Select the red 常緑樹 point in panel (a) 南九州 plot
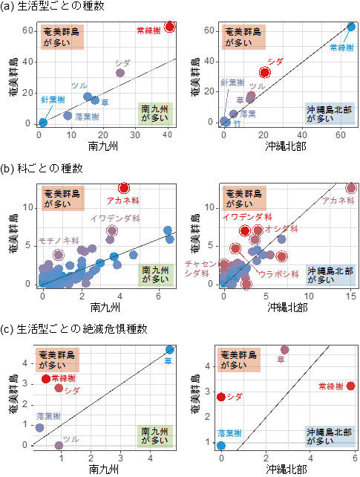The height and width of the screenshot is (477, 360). coord(170,26)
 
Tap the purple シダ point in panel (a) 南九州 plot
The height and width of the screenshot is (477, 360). coord(120,73)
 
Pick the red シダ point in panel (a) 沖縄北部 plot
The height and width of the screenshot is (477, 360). coord(265,72)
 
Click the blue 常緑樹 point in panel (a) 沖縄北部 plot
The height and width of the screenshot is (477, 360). coord(351,27)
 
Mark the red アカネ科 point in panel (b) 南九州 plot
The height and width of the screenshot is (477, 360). coord(124,188)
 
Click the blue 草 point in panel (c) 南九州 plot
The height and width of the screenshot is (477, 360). coord(170,349)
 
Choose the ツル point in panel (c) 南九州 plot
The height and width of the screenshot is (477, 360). coord(59,445)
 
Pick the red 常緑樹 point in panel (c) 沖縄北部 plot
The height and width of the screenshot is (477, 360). coord(351,386)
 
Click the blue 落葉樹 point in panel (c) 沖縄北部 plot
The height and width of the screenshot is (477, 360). coord(221,445)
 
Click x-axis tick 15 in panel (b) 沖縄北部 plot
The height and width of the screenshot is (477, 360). coord(351,296)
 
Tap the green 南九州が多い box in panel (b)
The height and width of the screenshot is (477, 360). coord(157,274)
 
